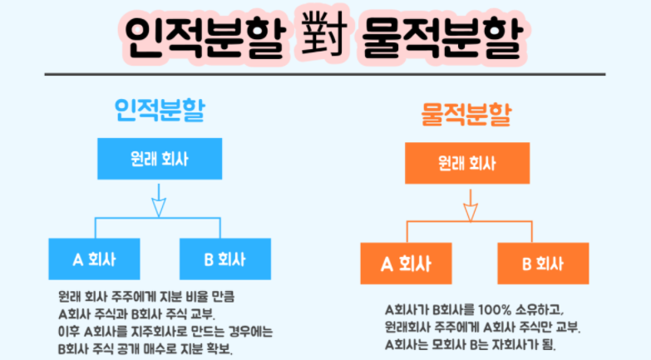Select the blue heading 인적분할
(159, 111)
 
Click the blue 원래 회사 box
(159, 157)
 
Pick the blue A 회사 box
(94, 259)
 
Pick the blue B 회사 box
(224, 259)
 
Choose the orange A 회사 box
(405, 264)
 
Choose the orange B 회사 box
(543, 264)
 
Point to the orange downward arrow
(471, 208)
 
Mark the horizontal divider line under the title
(325, 74)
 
